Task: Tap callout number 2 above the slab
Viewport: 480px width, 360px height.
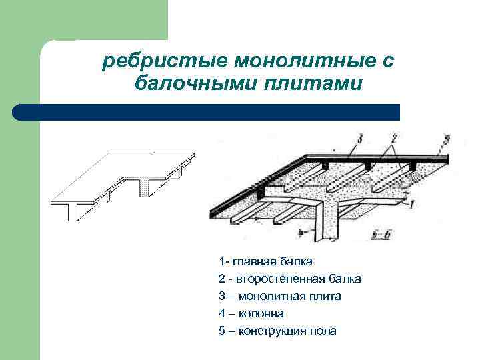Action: coord(394,141)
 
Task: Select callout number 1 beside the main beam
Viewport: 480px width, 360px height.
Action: coord(413,205)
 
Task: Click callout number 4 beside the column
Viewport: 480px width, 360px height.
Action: coord(301,233)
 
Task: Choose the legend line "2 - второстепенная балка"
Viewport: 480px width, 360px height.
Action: coord(289,279)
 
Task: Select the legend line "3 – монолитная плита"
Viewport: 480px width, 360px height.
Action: coord(279,296)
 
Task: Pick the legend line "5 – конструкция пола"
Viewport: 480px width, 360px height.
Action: coord(277,331)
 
